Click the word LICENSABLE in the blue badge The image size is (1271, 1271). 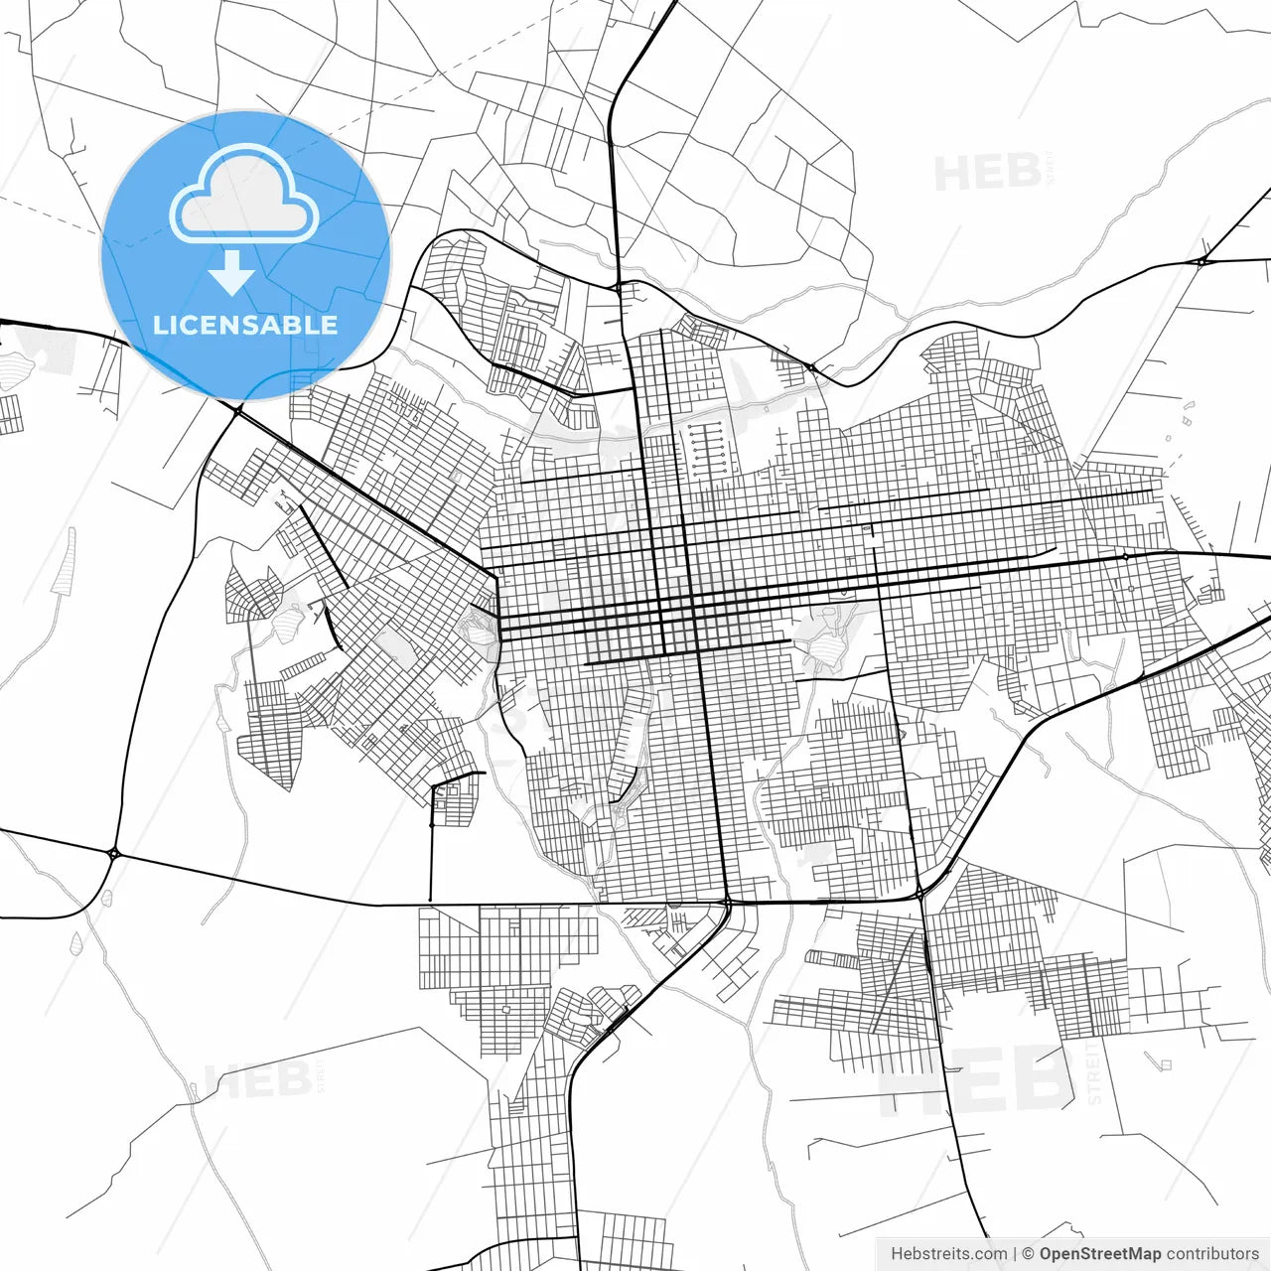pyautogui.click(x=245, y=325)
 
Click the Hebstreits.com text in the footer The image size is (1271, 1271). pyautogui.click(x=948, y=1254)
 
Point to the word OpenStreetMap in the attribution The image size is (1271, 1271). pyautogui.click(x=1100, y=1254)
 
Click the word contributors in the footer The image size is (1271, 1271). pyautogui.click(x=1212, y=1254)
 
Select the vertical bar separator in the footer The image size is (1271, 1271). pyautogui.click(x=1014, y=1254)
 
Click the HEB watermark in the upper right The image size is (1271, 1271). pyautogui.click(x=987, y=173)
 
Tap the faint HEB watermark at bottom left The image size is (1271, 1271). pyautogui.click(x=255, y=1080)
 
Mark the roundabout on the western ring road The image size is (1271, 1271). pyautogui.click(x=113, y=852)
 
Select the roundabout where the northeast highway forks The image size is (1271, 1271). pyautogui.click(x=1201, y=261)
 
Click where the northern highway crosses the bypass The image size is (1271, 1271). pyautogui.click(x=619, y=287)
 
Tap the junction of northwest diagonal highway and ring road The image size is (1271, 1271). pyautogui.click(x=238, y=408)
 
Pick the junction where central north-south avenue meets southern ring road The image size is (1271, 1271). pyautogui.click(x=727, y=902)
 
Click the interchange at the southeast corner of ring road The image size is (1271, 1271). pyautogui.click(x=921, y=894)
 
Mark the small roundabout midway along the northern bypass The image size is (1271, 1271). pyautogui.click(x=812, y=368)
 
